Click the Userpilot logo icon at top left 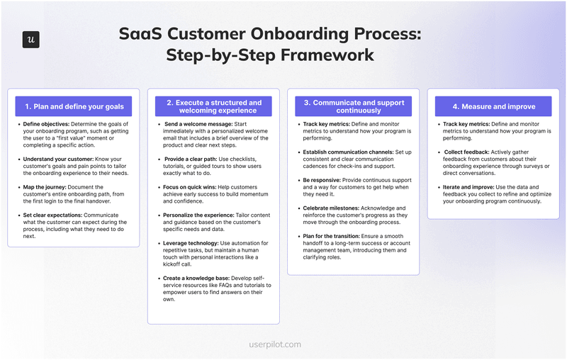(x=30, y=40)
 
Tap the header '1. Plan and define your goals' (x=74, y=107)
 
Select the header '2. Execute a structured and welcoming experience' (x=213, y=107)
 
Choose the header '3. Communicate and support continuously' (x=353, y=107)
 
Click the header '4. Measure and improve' (x=493, y=107)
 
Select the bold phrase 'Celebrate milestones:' (x=333, y=207)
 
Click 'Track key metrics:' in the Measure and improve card (x=468, y=124)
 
